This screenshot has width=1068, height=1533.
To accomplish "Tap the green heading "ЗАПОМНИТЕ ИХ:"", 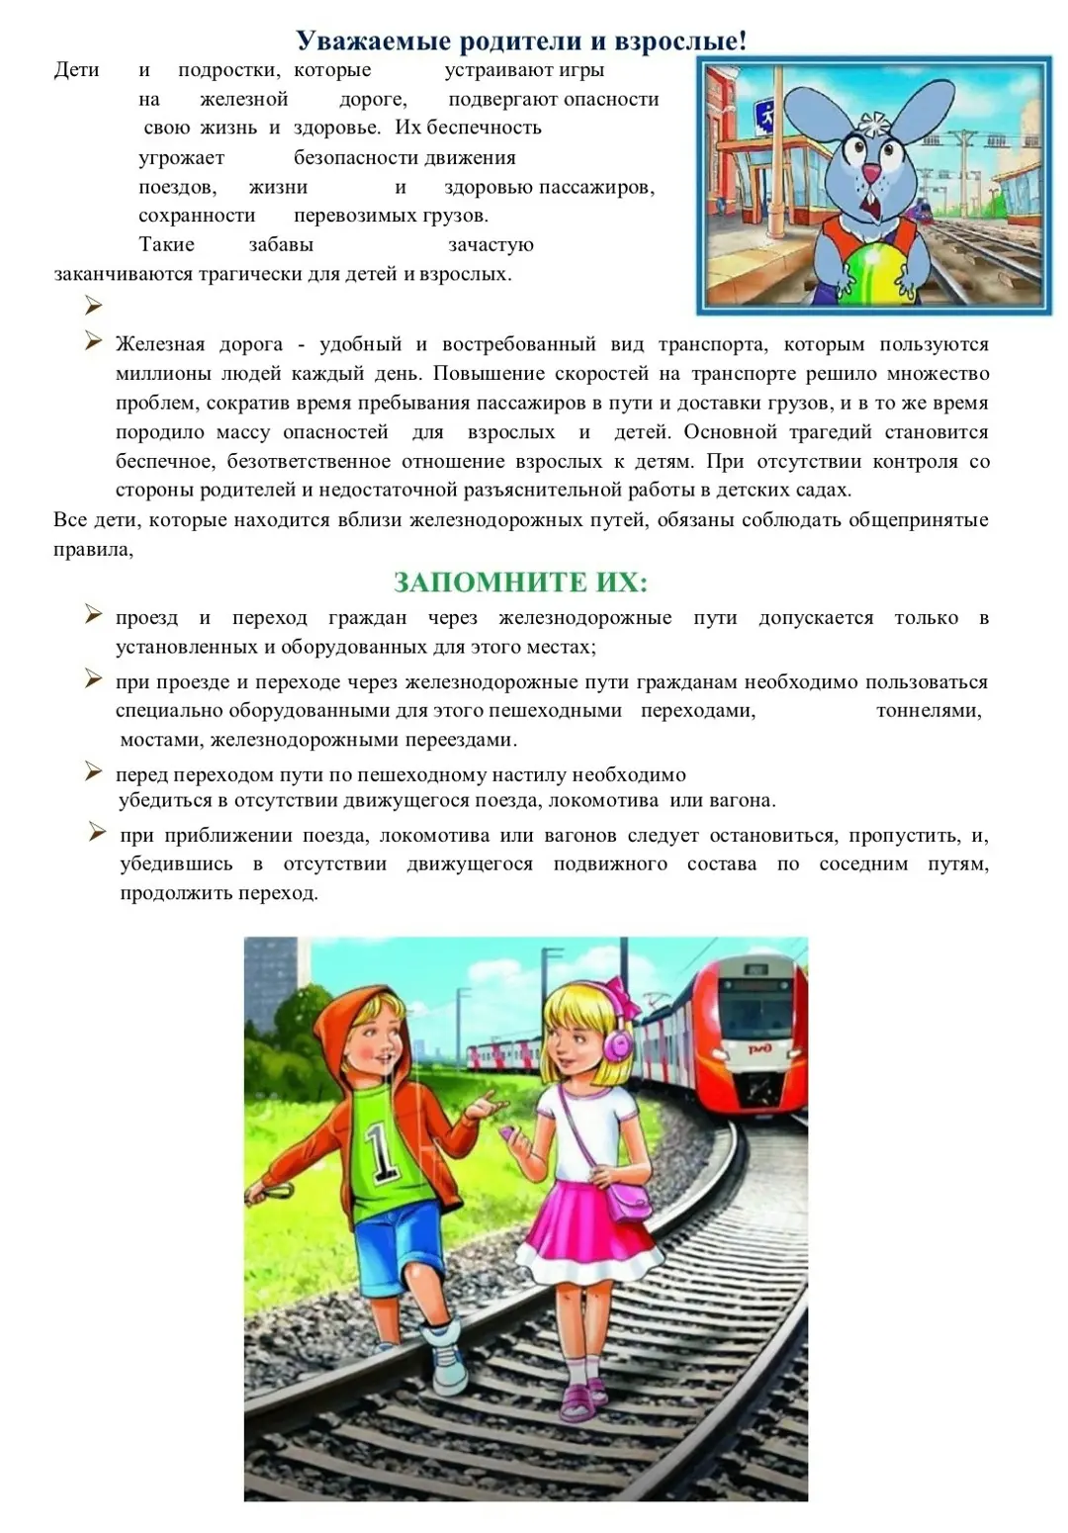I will click(520, 582).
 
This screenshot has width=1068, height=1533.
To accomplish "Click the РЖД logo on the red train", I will click(758, 1048).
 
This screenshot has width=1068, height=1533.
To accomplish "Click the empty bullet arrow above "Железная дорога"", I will click(94, 306).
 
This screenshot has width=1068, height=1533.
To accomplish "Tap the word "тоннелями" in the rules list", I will click(928, 710).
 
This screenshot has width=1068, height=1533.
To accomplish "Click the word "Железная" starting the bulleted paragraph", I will click(160, 344).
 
